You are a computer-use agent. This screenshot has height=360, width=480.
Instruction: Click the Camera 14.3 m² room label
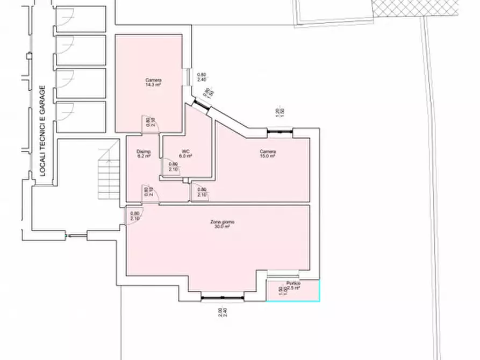tap(153, 82)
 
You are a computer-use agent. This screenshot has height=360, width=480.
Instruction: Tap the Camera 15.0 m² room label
tap(268, 154)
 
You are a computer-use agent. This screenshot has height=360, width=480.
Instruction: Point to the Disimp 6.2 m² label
tap(143, 154)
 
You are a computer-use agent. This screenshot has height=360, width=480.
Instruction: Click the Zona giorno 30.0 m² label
tap(222, 225)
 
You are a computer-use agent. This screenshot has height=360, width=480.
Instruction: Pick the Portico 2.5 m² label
tap(293, 286)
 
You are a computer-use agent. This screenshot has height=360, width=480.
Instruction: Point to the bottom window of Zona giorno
tap(222, 297)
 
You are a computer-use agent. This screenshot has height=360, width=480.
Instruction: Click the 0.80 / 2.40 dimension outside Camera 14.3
tap(202, 77)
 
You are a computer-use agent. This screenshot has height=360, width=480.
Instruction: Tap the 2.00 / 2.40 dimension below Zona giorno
tap(222, 313)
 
